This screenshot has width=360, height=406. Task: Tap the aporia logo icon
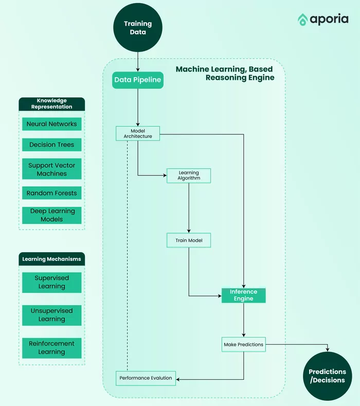pos(302,20)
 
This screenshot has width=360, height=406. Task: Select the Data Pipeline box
pos(138,80)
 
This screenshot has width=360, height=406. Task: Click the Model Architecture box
pos(138,133)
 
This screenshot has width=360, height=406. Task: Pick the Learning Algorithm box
pos(189,175)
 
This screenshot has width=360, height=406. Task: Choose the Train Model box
pos(189,240)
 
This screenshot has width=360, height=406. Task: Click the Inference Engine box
pos(243,295)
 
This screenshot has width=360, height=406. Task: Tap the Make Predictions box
pos(243,344)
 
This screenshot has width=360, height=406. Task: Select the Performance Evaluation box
pos(146,378)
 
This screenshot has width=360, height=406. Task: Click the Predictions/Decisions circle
pos(327,376)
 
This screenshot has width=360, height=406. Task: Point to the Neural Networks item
pos(51,124)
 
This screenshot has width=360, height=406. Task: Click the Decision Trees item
pos(51,145)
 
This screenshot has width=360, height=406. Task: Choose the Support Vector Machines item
pos(51,169)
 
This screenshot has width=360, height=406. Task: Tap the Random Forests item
pos(51,193)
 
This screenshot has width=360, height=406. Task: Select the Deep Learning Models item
pos(51,215)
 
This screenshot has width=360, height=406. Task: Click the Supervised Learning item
pos(51,282)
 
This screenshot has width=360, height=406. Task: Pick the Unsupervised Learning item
pos(51,315)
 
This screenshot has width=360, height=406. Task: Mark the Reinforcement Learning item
pos(51,348)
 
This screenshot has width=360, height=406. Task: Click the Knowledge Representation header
pos(51,103)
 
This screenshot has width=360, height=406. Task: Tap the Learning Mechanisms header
pos(51,259)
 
